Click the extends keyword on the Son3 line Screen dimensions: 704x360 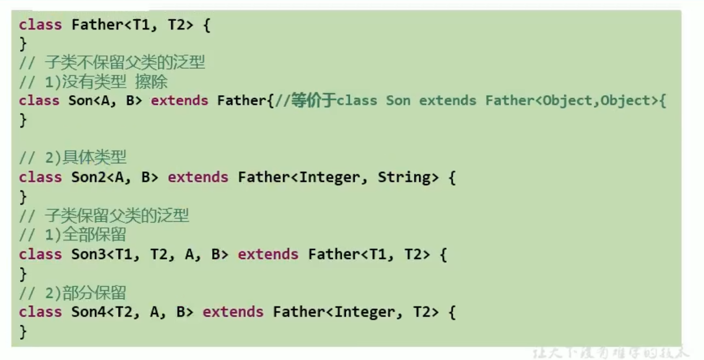click(x=268, y=254)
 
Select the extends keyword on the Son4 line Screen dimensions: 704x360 click(x=233, y=312)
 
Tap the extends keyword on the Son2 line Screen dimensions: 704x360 click(x=198, y=178)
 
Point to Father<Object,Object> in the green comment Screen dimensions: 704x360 click(x=571, y=101)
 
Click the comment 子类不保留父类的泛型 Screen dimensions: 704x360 click(x=125, y=62)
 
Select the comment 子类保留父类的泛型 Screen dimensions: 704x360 click(x=116, y=216)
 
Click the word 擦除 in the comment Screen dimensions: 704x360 click(x=151, y=81)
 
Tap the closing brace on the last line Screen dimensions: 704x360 click(x=23, y=332)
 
